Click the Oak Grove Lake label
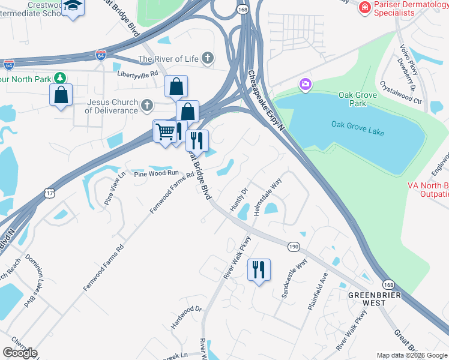357,124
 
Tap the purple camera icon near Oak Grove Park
305,85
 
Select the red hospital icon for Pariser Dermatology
364,8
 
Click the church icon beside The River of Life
208,59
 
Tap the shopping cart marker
165,131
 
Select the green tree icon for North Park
60,78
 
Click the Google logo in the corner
20,352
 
